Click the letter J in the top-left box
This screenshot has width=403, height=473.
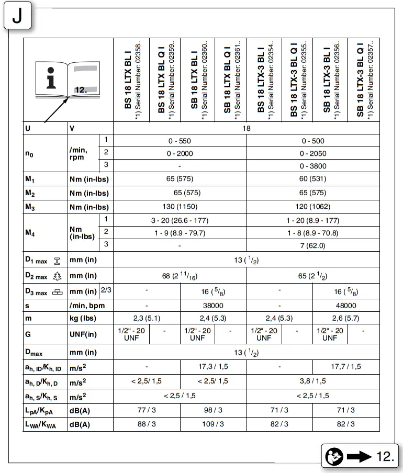tap(17, 17)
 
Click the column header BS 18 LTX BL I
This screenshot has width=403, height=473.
tap(130, 80)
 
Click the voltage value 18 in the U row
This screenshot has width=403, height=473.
tap(247, 128)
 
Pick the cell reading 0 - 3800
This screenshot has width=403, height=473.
tap(313, 166)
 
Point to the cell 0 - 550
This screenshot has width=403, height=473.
tap(180, 141)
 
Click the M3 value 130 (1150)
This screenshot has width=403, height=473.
tap(180, 207)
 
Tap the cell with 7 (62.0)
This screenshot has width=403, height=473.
tap(313, 245)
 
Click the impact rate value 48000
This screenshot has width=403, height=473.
tap(346, 305)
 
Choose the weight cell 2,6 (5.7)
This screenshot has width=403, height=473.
tap(346, 318)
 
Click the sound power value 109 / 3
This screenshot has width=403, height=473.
tap(212, 424)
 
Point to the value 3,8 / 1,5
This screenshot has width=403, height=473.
tap(313, 381)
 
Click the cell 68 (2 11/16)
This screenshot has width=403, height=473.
tap(180, 276)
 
